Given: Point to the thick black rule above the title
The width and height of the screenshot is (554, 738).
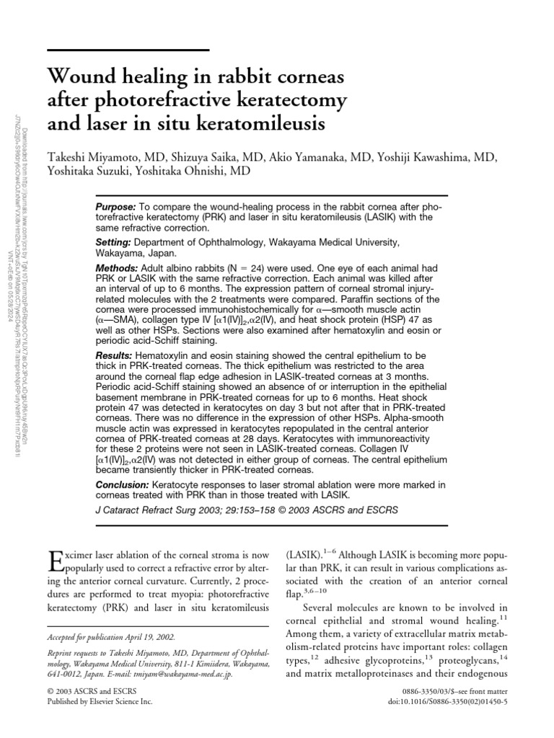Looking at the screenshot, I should [x=128, y=50].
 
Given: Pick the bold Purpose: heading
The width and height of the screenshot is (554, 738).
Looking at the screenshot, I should [x=116, y=208].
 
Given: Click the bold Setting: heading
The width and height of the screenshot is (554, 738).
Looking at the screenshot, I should [x=113, y=243].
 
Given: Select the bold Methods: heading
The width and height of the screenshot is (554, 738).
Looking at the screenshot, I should [x=116, y=267].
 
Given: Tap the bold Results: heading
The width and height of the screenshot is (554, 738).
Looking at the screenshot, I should [x=114, y=356].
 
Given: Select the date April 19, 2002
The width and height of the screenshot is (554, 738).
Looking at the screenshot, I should [x=154, y=638].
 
